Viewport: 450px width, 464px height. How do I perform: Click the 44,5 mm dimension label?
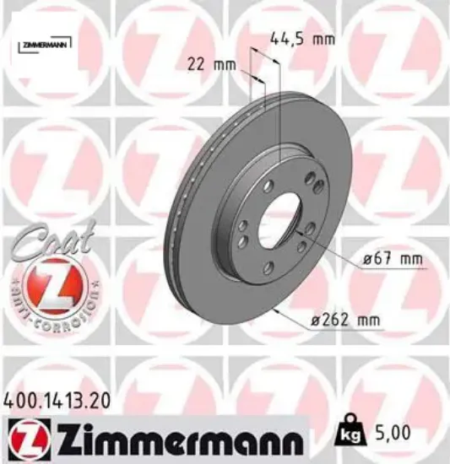click(301, 38)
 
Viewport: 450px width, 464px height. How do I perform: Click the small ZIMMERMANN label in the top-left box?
click(41, 42)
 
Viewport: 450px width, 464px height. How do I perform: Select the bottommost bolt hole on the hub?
click(268, 268)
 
